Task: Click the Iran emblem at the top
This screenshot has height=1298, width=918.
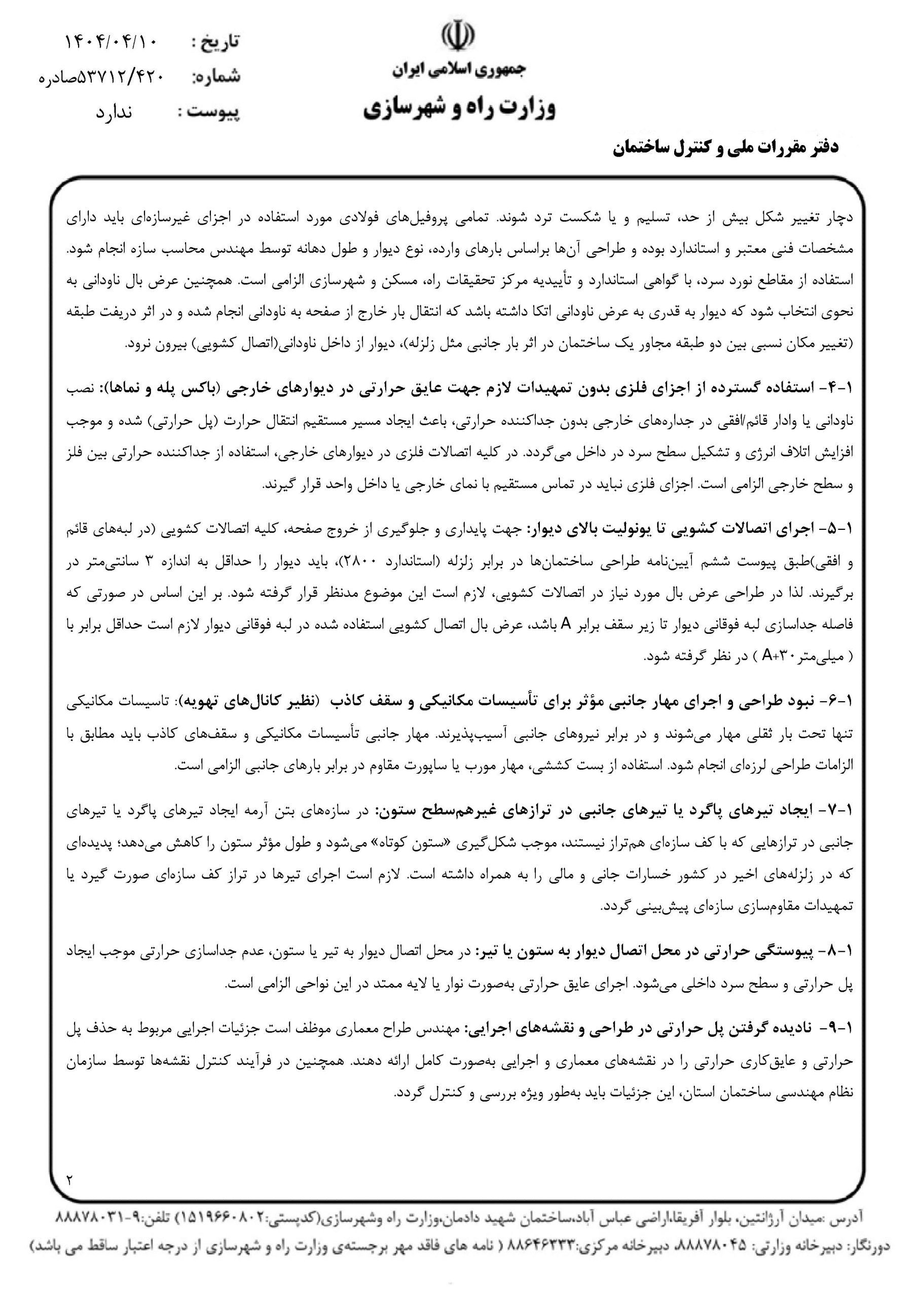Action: click(458, 38)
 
